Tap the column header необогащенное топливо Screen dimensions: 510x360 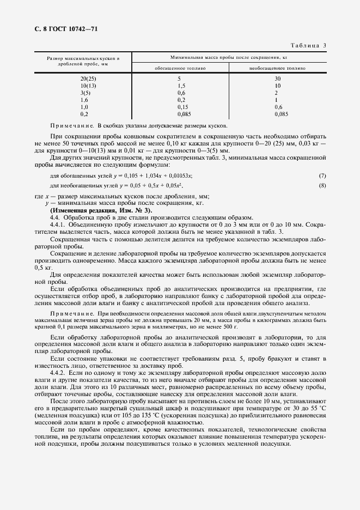coord(277,69)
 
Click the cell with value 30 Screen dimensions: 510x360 coord(277,79)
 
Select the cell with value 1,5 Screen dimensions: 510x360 coord(181,86)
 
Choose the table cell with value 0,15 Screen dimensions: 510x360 coord(181,107)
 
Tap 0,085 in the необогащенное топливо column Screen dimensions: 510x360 coord(281,114)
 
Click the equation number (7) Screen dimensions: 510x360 coord(322,175)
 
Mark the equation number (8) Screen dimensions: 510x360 coord(322,186)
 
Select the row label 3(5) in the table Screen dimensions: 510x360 coord(84,93)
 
